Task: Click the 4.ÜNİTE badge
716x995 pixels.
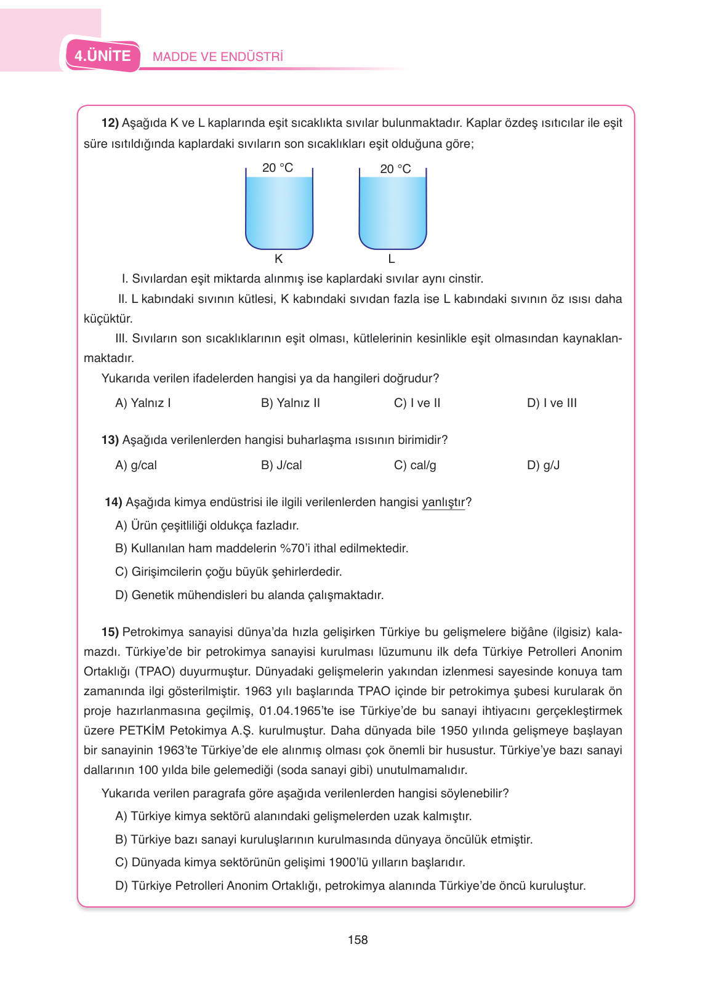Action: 103,56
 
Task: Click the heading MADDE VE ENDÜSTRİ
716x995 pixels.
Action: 217,57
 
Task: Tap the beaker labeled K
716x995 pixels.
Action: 279,211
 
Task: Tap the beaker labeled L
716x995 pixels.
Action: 392,211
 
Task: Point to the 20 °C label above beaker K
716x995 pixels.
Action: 278,167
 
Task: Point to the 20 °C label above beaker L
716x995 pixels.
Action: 395,169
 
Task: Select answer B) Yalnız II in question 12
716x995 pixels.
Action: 290,403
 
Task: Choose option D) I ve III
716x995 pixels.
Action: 552,403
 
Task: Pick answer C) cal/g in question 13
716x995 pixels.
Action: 415,465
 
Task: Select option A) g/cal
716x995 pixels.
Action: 136,465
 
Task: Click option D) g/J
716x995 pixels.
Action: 543,465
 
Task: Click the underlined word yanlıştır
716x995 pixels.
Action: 443,502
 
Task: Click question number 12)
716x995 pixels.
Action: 110,123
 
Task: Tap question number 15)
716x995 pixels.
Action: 110,632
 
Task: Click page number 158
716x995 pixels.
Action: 358,940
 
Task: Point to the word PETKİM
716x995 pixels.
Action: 142,731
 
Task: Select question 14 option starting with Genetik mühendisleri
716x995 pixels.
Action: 249,595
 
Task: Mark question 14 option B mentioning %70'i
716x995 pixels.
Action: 262,549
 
